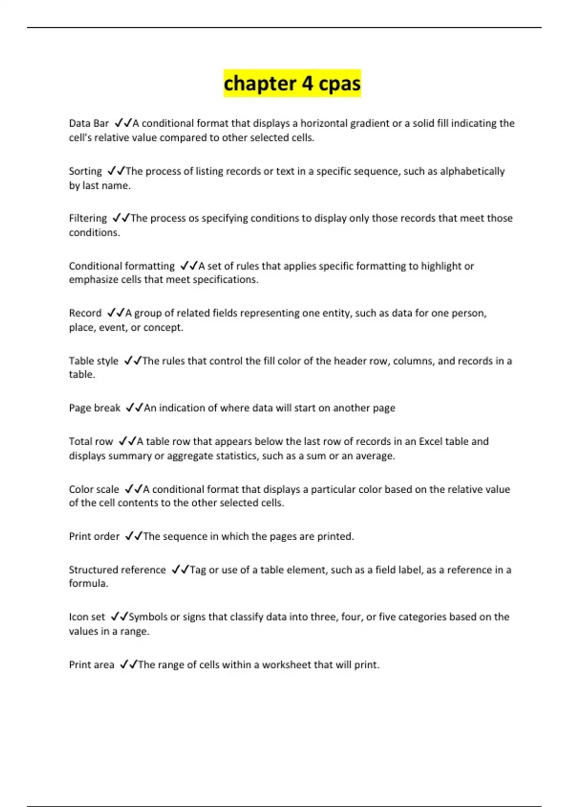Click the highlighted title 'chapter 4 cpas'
292,84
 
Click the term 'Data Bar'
89,123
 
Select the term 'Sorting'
85,171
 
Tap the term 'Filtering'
88,218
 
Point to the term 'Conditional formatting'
122,266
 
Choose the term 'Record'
85,313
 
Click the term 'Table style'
93,361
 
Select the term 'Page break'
95,408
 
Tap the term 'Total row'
91,441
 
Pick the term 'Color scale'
94,489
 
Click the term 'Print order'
94,536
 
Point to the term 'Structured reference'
117,570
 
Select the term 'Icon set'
87,617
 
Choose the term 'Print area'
92,665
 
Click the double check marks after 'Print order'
134,536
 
